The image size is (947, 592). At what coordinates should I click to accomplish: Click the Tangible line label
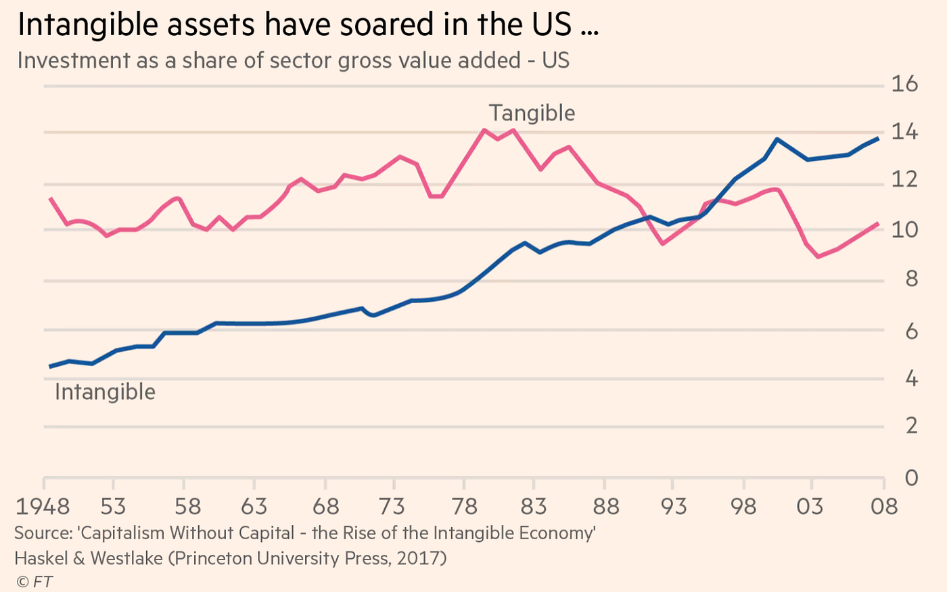tap(532, 113)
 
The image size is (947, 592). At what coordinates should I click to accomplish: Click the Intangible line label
tap(105, 392)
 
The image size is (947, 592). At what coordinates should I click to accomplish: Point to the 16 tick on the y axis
tap(904, 84)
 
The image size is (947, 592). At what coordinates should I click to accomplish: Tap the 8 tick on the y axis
tap(911, 279)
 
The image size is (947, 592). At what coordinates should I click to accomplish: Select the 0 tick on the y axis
tap(911, 478)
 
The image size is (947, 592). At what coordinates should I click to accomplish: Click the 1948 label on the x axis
tap(43, 506)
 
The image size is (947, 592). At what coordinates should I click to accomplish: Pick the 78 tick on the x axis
tap(464, 506)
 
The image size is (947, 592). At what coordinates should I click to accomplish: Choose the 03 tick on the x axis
tap(810, 506)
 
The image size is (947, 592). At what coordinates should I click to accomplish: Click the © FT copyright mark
tap(34, 582)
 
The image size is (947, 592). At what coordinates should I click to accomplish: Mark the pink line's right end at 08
tap(878, 223)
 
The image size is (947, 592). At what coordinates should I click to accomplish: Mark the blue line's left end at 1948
tap(50, 367)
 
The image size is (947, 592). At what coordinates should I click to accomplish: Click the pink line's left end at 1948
tap(50, 198)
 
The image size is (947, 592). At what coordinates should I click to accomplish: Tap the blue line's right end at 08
tap(878, 139)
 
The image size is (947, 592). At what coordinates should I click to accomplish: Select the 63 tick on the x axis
tap(254, 506)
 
